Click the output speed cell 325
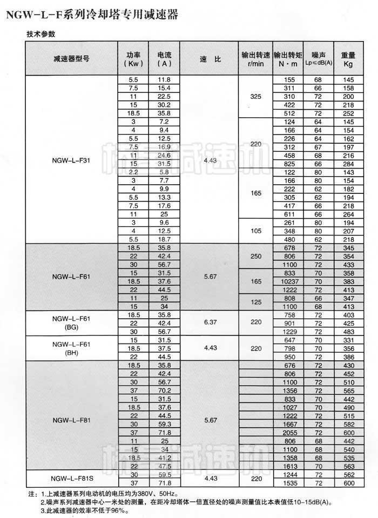pyautogui.click(x=255, y=96)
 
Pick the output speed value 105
pyautogui.click(x=255, y=231)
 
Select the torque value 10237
pyautogui.click(x=288, y=281)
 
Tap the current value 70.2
pyautogui.click(x=164, y=391)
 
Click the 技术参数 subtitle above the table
pyautogui.click(x=40, y=33)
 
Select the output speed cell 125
pyautogui.click(x=255, y=302)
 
